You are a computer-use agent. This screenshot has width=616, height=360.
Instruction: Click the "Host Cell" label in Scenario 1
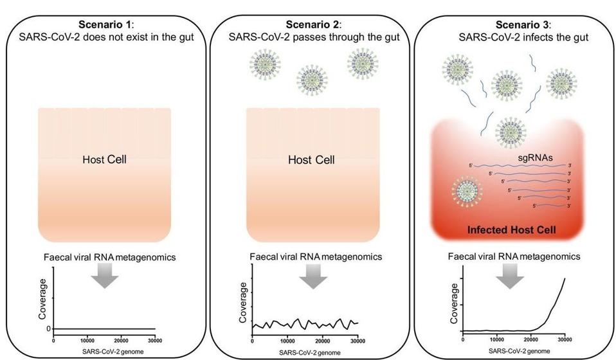(x=104, y=159)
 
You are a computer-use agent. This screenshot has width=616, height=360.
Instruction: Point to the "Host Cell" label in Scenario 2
(x=311, y=159)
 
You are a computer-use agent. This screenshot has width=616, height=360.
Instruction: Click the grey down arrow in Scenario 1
(x=104, y=277)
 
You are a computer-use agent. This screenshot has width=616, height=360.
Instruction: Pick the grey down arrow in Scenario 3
(x=510, y=277)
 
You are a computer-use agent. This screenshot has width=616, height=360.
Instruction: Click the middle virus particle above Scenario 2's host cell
(x=311, y=80)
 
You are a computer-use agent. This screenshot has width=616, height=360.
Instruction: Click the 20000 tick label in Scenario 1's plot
(x=120, y=340)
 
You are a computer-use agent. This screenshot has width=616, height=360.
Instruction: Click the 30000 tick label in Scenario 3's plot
(x=564, y=338)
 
